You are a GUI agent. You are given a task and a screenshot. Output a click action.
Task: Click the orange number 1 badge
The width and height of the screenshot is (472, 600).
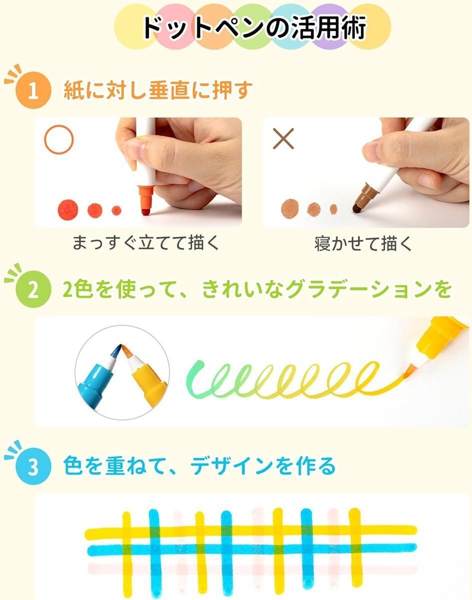click(x=33, y=90)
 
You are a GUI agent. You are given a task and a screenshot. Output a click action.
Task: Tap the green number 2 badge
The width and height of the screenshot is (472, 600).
click(x=33, y=289)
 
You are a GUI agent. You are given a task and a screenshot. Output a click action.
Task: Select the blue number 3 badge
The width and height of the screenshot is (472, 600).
click(x=33, y=466)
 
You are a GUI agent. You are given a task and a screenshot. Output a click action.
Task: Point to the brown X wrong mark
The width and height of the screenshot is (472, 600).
click(x=283, y=139)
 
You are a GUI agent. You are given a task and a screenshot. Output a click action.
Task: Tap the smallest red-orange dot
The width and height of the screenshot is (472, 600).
click(x=116, y=210)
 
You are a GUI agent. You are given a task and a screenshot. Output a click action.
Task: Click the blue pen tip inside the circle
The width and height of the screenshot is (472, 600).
click(x=116, y=350)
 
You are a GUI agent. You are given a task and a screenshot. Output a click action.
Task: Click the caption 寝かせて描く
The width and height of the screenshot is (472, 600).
click(x=363, y=243)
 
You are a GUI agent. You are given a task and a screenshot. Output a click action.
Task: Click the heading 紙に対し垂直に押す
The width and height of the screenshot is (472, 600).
click(x=158, y=90)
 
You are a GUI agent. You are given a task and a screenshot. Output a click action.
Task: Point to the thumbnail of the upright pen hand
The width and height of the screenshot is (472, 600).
click(x=138, y=172)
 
